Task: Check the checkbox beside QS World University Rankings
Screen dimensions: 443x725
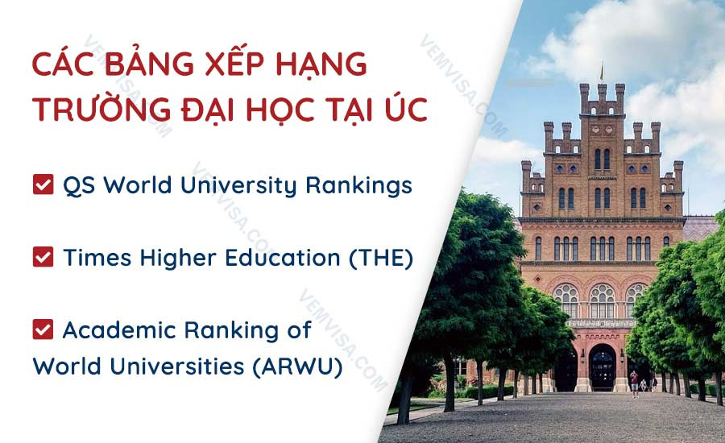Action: click(x=42, y=186)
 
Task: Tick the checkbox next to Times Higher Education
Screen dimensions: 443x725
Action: click(x=42, y=258)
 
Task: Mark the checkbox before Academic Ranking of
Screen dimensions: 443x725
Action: click(x=42, y=329)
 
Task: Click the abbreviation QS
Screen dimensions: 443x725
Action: click(x=79, y=186)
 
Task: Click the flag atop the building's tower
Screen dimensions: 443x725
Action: click(x=600, y=70)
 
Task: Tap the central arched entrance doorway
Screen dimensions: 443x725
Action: click(x=602, y=366)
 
